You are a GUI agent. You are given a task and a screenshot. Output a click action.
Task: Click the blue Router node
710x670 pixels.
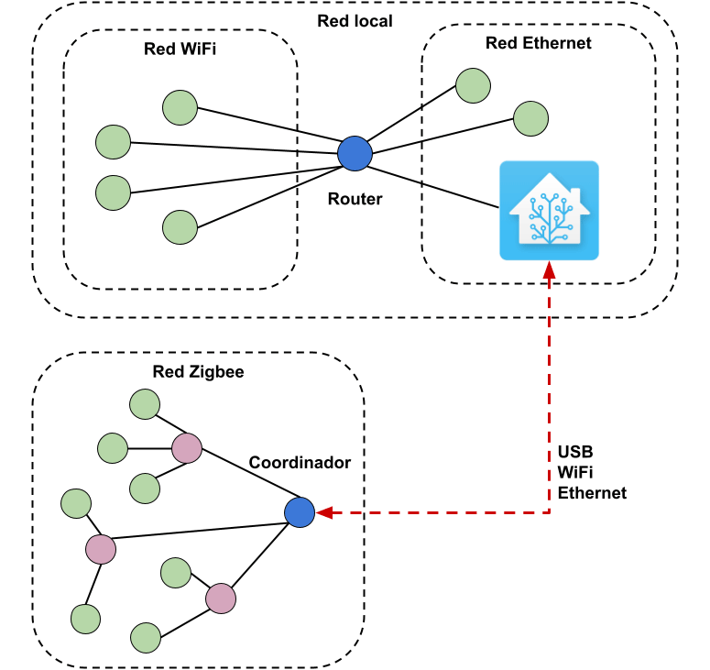click(355, 154)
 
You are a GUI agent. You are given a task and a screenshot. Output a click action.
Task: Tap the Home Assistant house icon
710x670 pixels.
click(549, 211)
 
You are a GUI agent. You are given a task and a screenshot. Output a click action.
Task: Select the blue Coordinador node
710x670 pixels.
click(300, 512)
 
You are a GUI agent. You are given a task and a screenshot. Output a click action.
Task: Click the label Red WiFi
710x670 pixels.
click(180, 49)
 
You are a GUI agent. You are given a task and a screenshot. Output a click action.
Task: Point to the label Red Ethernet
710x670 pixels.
click(538, 43)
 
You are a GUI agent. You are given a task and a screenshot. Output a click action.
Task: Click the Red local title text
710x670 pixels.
click(355, 20)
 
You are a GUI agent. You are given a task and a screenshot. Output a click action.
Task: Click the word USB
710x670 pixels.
click(575, 453)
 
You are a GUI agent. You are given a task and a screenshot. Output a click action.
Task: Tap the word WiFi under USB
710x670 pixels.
click(576, 473)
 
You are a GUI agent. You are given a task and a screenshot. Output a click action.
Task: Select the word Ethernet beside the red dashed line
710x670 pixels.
click(592, 493)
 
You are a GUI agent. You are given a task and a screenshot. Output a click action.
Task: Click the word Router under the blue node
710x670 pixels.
click(355, 199)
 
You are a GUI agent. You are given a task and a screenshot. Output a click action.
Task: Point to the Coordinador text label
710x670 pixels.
click(300, 463)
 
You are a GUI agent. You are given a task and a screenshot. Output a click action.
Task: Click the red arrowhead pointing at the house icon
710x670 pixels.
click(549, 272)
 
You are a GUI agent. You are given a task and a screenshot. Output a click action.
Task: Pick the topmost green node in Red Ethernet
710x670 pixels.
click(474, 85)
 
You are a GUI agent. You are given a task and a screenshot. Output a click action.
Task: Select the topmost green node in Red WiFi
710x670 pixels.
click(180, 107)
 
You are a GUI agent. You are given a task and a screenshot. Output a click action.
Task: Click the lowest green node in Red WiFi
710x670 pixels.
click(180, 226)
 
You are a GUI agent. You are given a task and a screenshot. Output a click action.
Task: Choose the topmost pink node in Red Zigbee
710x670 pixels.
click(187, 448)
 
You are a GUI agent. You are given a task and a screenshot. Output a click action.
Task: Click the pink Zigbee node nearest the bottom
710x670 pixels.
click(221, 599)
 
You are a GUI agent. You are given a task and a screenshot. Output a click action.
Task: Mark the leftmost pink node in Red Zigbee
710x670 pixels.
click(101, 549)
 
